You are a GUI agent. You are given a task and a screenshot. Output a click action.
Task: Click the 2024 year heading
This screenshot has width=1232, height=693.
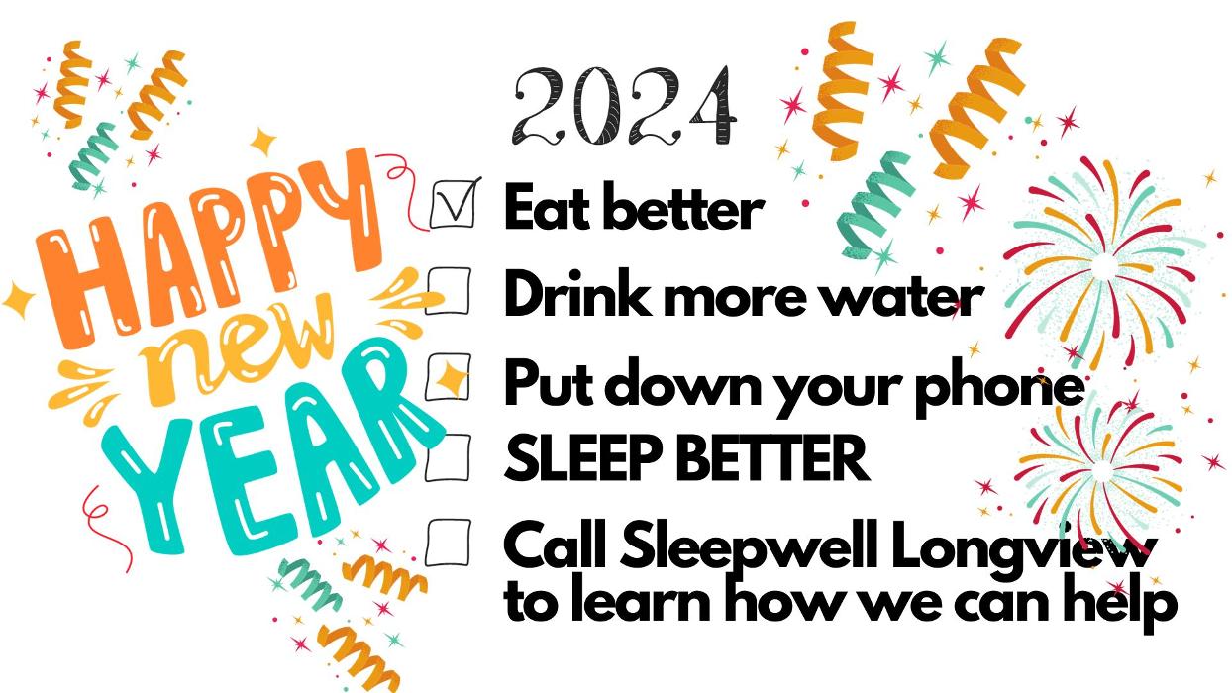click(624, 106)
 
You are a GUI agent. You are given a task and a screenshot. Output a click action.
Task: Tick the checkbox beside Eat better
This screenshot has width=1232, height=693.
click(453, 204)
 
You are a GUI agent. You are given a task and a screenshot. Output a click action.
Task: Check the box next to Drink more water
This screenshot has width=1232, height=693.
click(449, 290)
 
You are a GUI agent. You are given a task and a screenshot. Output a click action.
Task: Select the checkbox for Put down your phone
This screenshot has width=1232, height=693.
click(449, 377)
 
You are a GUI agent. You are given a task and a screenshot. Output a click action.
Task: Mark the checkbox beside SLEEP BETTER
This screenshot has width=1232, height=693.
click(449, 457)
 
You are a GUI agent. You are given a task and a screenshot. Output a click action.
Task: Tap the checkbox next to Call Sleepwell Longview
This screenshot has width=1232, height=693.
click(449, 543)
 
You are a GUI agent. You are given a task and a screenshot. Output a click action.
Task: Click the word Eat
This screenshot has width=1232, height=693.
click(550, 207)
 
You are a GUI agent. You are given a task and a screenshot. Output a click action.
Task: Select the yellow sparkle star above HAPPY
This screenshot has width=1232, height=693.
click(262, 142)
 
